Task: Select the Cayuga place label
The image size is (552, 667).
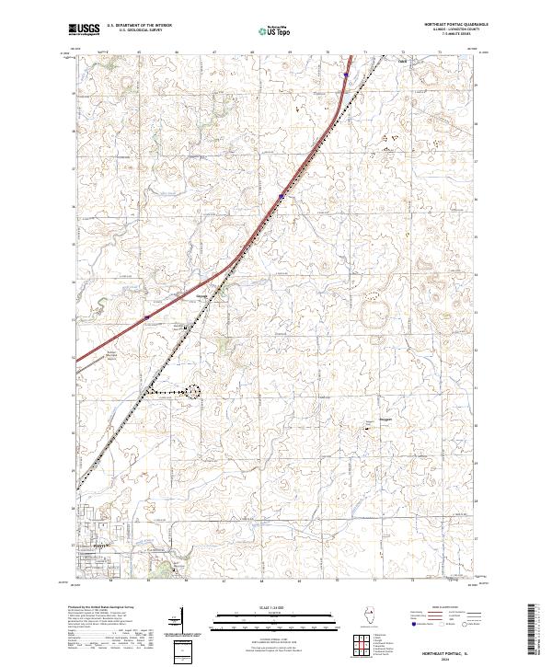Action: (201, 295)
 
